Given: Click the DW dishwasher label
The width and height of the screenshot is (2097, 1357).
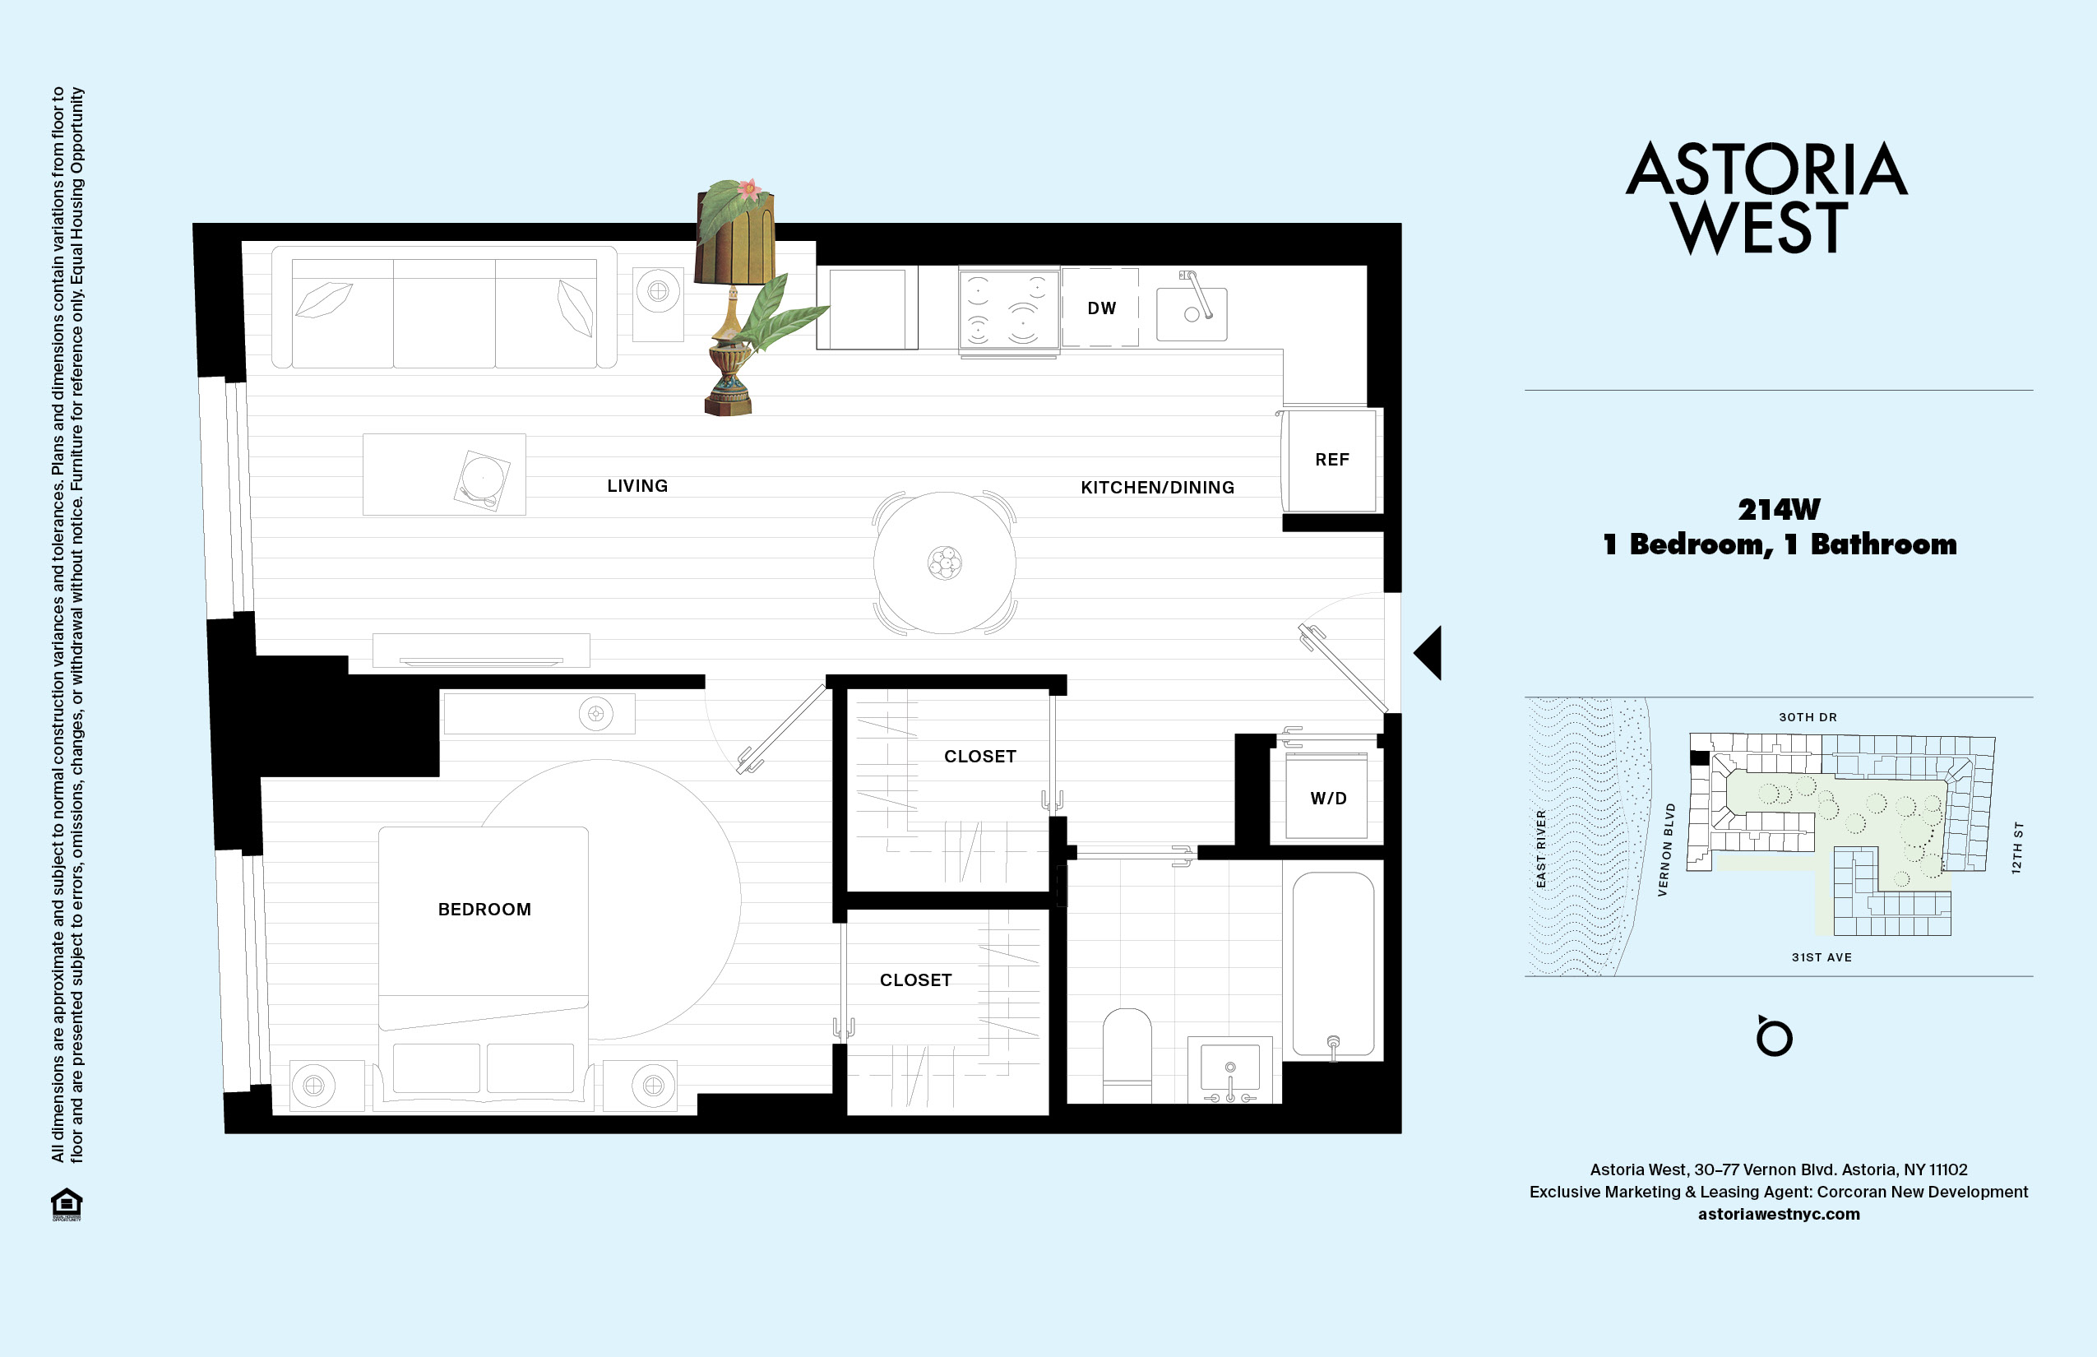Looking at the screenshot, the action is pos(1101,308).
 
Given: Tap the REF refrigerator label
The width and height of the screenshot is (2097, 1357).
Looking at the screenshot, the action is pos(1332,459).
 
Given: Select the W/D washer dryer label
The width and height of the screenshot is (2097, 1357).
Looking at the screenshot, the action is pos(1329,799).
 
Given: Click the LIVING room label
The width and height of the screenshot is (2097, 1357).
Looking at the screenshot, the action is pos(637,485).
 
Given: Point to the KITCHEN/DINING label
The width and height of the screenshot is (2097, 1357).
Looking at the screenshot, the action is pos(1158,487).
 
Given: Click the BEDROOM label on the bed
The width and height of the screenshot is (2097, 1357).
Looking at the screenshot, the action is pos(484,910).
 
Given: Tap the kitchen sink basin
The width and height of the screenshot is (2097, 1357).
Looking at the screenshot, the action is pos(1192,313).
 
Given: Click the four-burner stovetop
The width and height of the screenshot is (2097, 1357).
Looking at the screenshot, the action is pos(1009,309).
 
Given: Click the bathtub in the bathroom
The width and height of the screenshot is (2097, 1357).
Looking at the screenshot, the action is pos(1333,964).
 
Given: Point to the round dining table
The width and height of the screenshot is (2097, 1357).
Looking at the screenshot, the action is pos(945,563).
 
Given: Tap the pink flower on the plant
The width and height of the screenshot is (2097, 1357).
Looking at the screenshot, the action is pos(749,188).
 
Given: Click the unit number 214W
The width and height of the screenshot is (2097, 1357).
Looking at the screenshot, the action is pos(1779,509).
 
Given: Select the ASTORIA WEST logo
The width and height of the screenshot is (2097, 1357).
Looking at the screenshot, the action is pos(1766,197).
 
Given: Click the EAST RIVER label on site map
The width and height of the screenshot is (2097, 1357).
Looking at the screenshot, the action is pos(1541,849).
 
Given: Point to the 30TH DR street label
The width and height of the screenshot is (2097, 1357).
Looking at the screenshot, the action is pos(1808,717).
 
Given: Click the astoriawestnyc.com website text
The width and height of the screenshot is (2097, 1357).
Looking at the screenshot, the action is pos(1779,1214).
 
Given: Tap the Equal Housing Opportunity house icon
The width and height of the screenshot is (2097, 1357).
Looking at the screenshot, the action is pos(67,1204).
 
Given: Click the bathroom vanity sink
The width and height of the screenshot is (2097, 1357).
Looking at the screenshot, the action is pos(1230,1070).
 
